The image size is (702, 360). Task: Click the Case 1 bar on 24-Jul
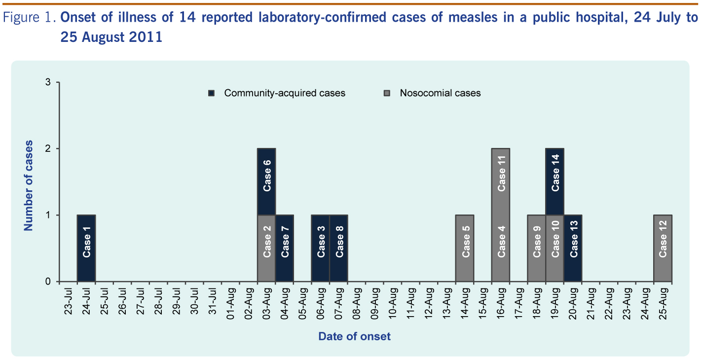pos(86,248)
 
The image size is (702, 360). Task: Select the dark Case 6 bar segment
pos(266,181)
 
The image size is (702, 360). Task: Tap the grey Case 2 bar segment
pos(266,248)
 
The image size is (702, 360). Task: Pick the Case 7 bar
pos(285,248)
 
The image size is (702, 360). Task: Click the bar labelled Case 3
pos(321,248)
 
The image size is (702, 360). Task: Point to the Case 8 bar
pos(339,248)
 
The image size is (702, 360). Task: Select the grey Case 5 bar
pos(465,248)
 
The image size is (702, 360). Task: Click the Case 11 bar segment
pos(501,181)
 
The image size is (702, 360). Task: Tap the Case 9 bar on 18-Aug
pos(537,248)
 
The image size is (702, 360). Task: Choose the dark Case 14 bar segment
pos(555,181)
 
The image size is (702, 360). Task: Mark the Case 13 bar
pos(573,248)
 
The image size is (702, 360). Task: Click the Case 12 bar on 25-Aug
pos(663,248)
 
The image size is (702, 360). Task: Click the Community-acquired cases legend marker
pos(211,93)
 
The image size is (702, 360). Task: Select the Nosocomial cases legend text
pos(440,93)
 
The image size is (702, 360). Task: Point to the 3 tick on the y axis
pos(48,82)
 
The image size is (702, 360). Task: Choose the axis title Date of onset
pos(354,336)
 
